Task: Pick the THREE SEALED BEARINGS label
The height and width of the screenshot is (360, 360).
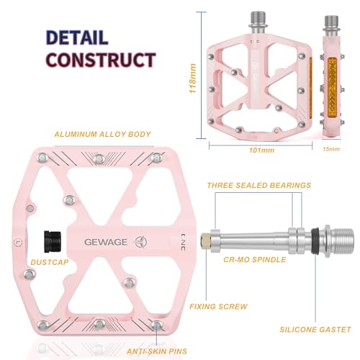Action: pyautogui.click(x=259, y=185)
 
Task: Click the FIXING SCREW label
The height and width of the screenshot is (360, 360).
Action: pyautogui.click(x=219, y=306)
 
